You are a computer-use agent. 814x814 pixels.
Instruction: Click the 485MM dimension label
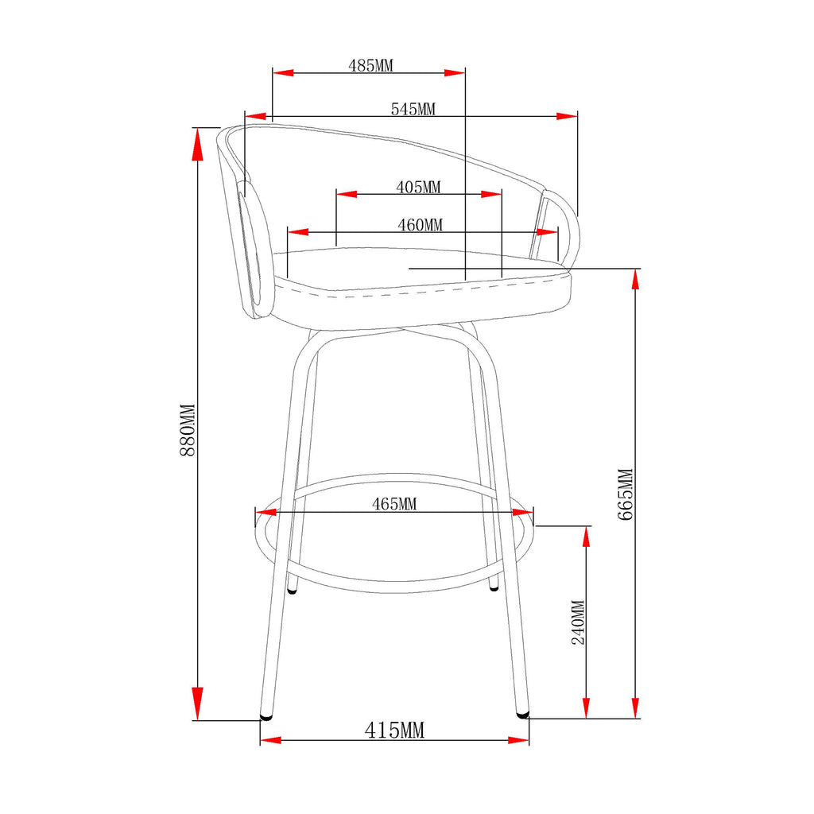pyautogui.click(x=370, y=65)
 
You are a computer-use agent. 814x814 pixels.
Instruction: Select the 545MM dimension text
pyautogui.click(x=413, y=109)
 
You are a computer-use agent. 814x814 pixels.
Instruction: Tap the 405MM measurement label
pyautogui.click(x=418, y=187)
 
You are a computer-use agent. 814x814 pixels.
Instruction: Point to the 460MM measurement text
pyautogui.click(x=420, y=225)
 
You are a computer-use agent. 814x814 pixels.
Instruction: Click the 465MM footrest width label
pyautogui.click(x=394, y=503)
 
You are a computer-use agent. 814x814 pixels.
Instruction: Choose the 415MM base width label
pyautogui.click(x=394, y=731)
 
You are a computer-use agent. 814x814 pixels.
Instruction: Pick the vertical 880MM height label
pyautogui.click(x=188, y=430)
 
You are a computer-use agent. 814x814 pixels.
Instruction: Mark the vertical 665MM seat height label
pyautogui.click(x=626, y=494)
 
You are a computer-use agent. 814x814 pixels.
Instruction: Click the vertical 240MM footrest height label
pyautogui.click(x=579, y=622)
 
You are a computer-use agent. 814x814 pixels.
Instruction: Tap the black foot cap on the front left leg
pyautogui.click(x=266, y=717)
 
